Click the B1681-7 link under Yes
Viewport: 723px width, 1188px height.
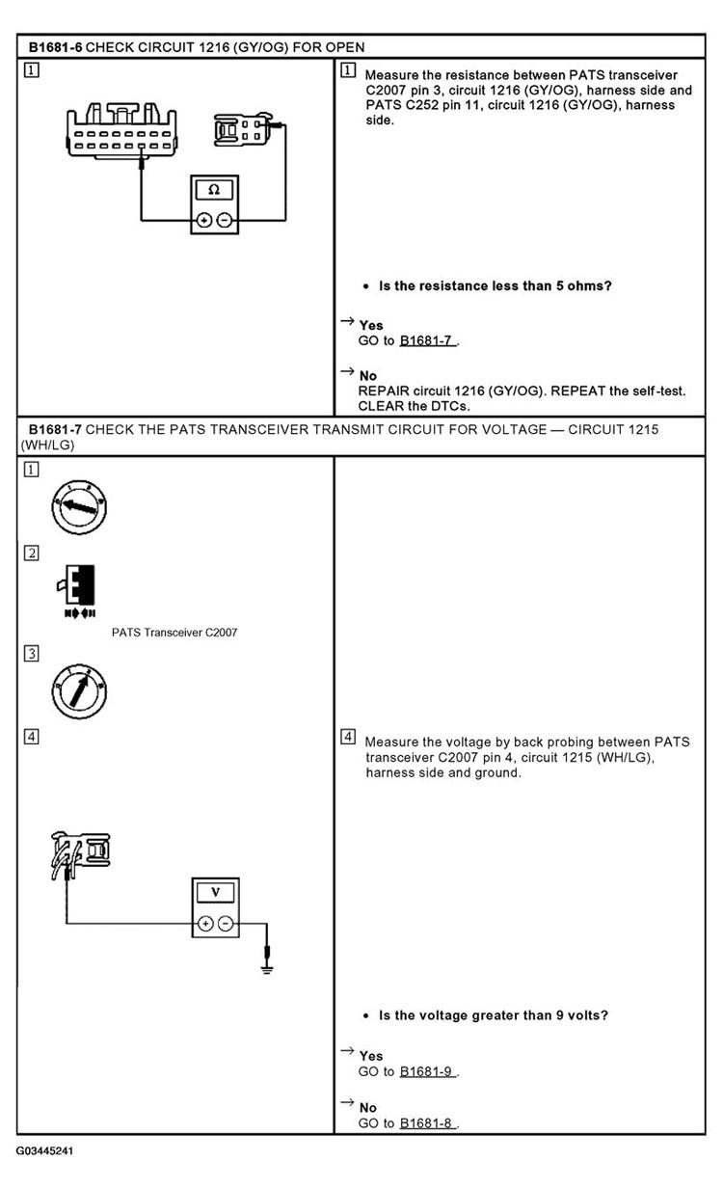426,340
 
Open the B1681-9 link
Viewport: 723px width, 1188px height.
426,1072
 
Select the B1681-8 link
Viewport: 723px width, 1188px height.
426,1123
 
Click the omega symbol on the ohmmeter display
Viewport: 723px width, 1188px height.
214,189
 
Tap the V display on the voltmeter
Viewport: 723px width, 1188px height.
215,892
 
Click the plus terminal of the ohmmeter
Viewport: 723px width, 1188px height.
204,220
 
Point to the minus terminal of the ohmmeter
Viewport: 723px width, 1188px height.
225,220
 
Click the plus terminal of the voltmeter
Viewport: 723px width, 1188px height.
205,924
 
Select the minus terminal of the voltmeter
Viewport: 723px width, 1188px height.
226,924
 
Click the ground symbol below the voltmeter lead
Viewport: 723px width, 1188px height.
267,970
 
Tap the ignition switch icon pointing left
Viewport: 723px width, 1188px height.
79,507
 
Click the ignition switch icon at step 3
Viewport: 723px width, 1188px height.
79,691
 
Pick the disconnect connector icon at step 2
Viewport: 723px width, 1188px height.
77,591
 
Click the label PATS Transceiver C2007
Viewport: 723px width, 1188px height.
174,633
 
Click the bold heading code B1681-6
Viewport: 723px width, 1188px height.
55,47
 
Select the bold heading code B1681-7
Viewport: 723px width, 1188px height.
55,429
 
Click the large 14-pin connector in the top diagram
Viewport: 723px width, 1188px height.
121,131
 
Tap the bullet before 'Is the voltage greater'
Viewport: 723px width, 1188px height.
365,1016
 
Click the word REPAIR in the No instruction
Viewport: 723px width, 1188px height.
384,391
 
